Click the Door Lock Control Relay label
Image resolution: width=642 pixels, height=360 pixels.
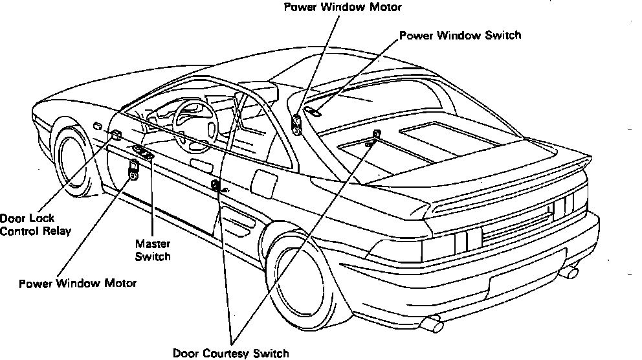[x=36, y=224]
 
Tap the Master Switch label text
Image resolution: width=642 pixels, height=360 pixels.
[x=153, y=250]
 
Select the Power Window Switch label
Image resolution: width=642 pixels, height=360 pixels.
[x=459, y=35]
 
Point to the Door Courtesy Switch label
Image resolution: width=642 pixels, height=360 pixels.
[x=230, y=354]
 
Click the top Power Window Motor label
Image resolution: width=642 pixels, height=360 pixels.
[x=342, y=8]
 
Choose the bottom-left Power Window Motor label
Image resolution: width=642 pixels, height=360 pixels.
[x=78, y=284]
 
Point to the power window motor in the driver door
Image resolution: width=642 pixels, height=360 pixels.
[x=133, y=170]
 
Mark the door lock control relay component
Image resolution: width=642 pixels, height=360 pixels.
[x=116, y=135]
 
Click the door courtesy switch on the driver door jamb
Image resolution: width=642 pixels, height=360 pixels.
[x=216, y=187]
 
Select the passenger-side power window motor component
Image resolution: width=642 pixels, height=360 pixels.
[x=297, y=124]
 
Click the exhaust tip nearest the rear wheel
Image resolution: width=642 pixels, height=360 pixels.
[x=430, y=322]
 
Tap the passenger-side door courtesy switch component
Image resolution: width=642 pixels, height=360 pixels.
[x=375, y=136]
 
